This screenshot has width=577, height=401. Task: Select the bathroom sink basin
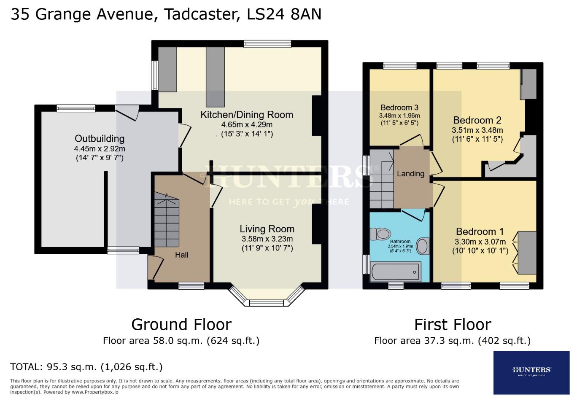tap(422, 247)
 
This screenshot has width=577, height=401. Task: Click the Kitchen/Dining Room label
tap(247, 115)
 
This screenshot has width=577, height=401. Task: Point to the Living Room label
tap(267, 229)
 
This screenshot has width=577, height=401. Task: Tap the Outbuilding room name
tap(100, 139)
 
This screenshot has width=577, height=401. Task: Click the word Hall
tap(181, 255)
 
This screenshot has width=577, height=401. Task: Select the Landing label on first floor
tap(410, 173)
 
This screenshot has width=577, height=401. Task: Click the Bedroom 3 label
tap(399, 108)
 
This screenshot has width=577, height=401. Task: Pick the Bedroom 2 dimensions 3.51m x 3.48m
tap(477, 130)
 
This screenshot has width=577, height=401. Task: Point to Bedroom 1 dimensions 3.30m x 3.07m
tap(480, 242)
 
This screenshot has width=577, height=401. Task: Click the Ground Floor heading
tap(181, 324)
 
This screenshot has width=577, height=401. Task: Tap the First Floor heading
tap(453, 324)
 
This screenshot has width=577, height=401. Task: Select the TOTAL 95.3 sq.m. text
tap(86, 366)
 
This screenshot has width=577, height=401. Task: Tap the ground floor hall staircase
tap(167, 220)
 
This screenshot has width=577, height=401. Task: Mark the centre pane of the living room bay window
tap(267, 302)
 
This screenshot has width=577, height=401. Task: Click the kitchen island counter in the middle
tap(215, 76)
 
